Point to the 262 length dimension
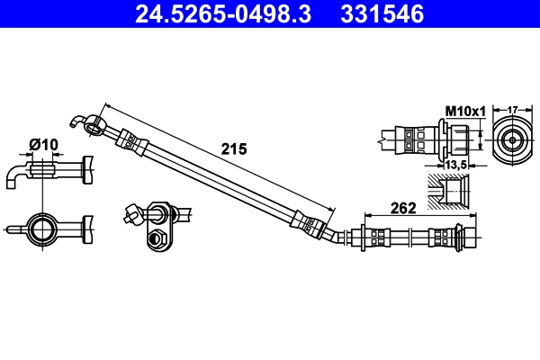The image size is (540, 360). pos(403,209)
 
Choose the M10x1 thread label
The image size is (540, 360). pos(465,112)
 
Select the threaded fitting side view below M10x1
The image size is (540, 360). pos(432,140)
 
